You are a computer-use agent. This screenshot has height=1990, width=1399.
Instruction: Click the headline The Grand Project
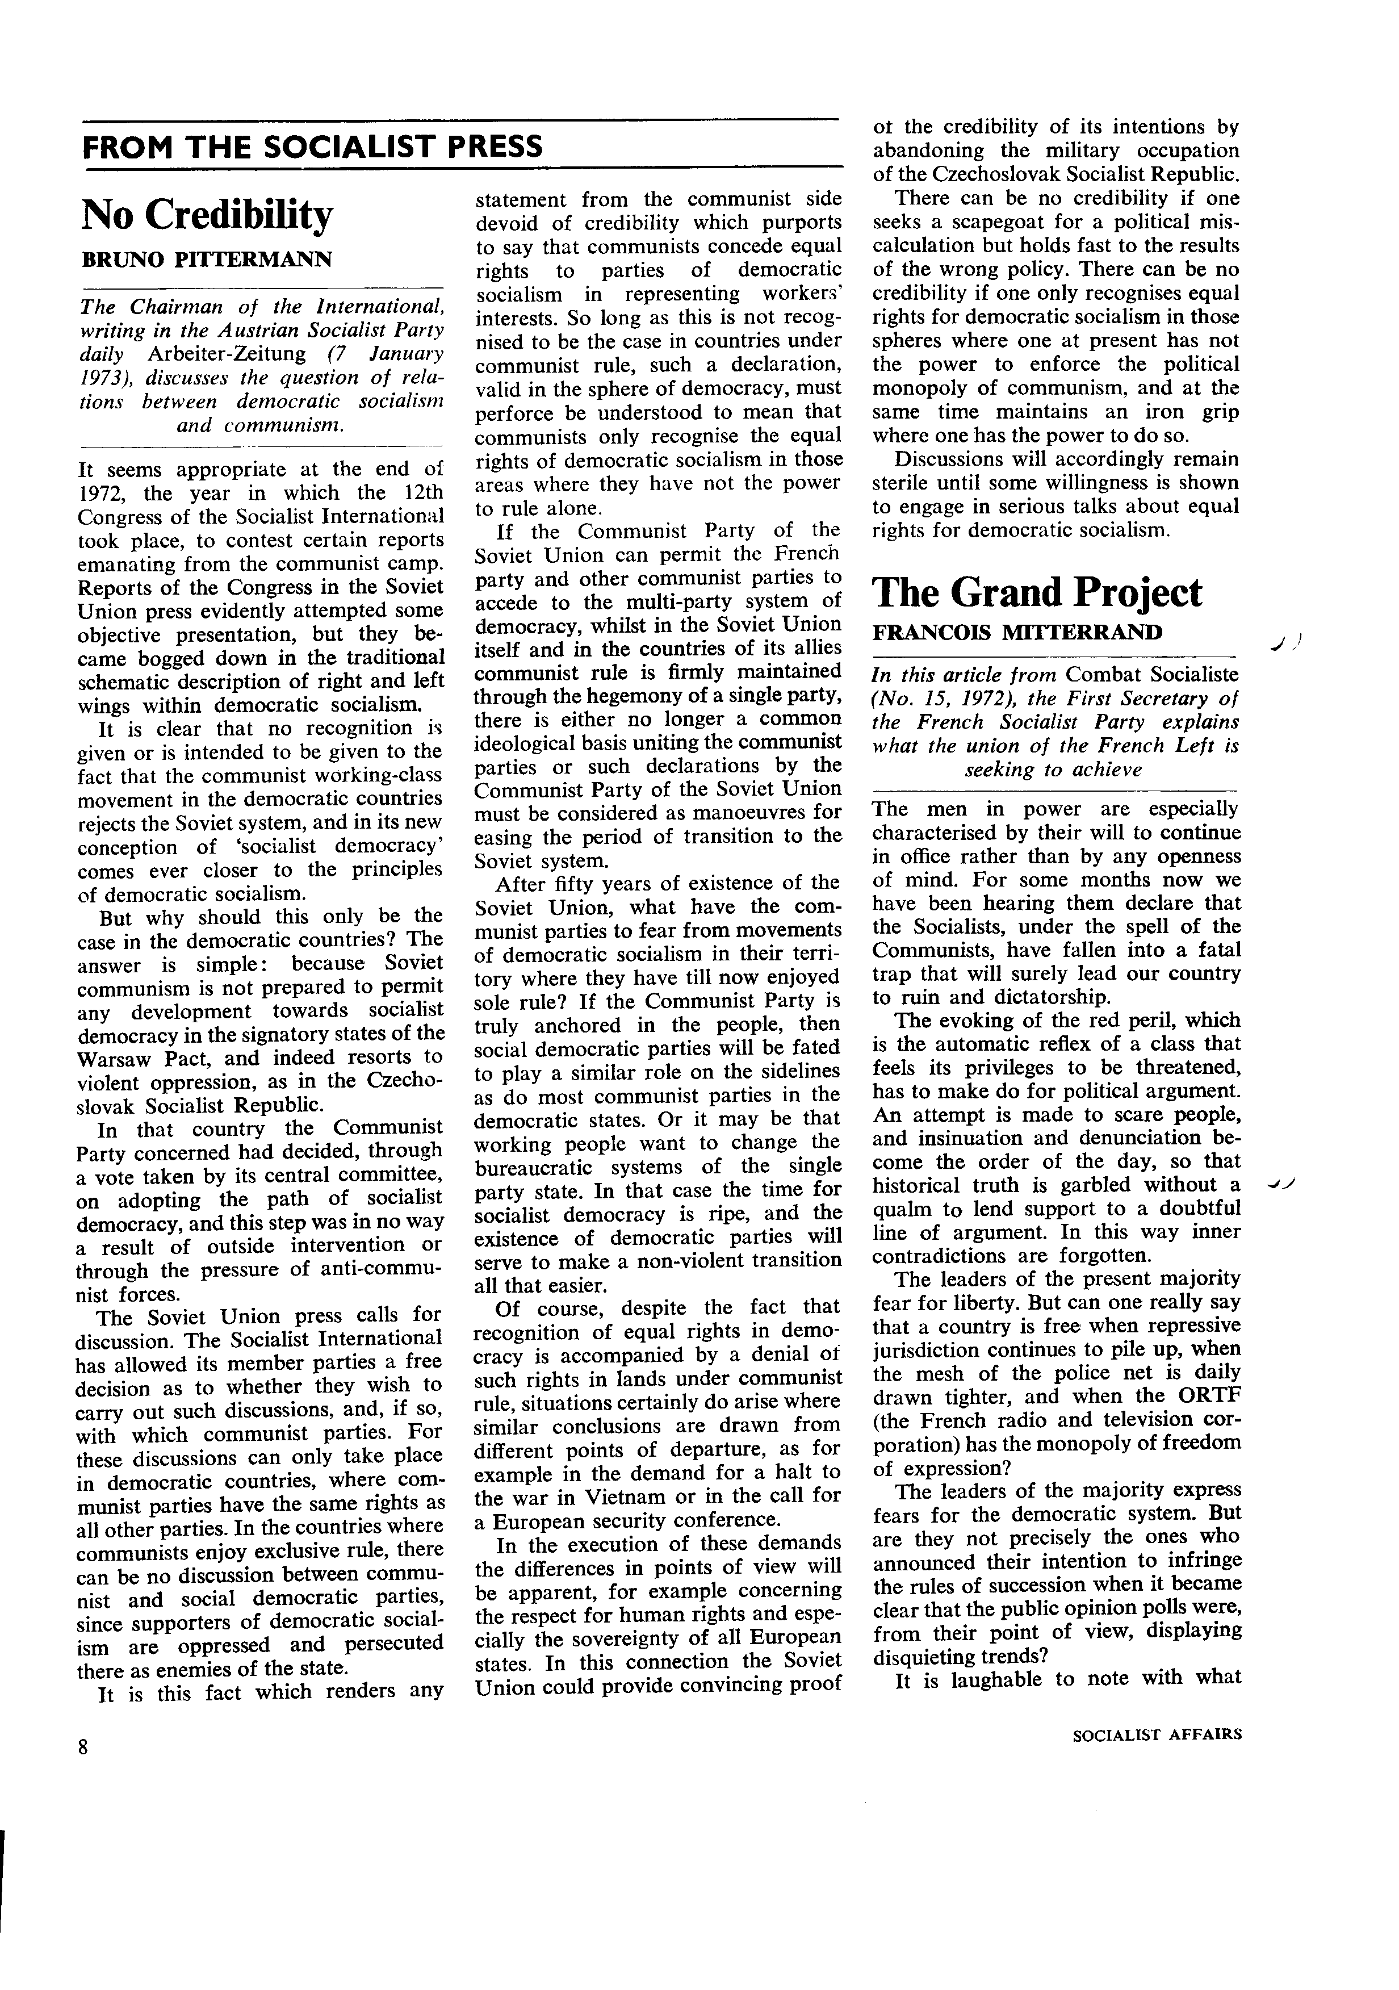click(1037, 593)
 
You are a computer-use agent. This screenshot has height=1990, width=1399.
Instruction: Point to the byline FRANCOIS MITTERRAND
click(1017, 633)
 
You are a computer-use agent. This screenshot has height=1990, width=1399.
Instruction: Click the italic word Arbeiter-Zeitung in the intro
click(227, 354)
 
